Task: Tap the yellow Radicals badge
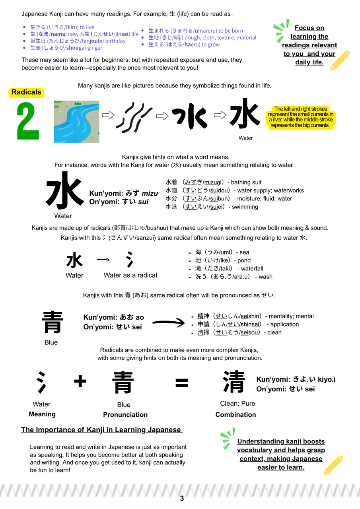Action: point(26,92)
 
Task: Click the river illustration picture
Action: point(76,121)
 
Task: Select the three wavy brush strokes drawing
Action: point(134,116)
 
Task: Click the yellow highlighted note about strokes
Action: point(301,117)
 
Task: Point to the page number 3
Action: point(182,498)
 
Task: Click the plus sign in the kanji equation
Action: point(80,382)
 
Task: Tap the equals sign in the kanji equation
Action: point(182,383)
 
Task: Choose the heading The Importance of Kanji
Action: point(101,430)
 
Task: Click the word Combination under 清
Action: point(235,414)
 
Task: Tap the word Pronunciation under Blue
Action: point(125,414)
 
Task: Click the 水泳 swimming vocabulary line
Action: point(212,207)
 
